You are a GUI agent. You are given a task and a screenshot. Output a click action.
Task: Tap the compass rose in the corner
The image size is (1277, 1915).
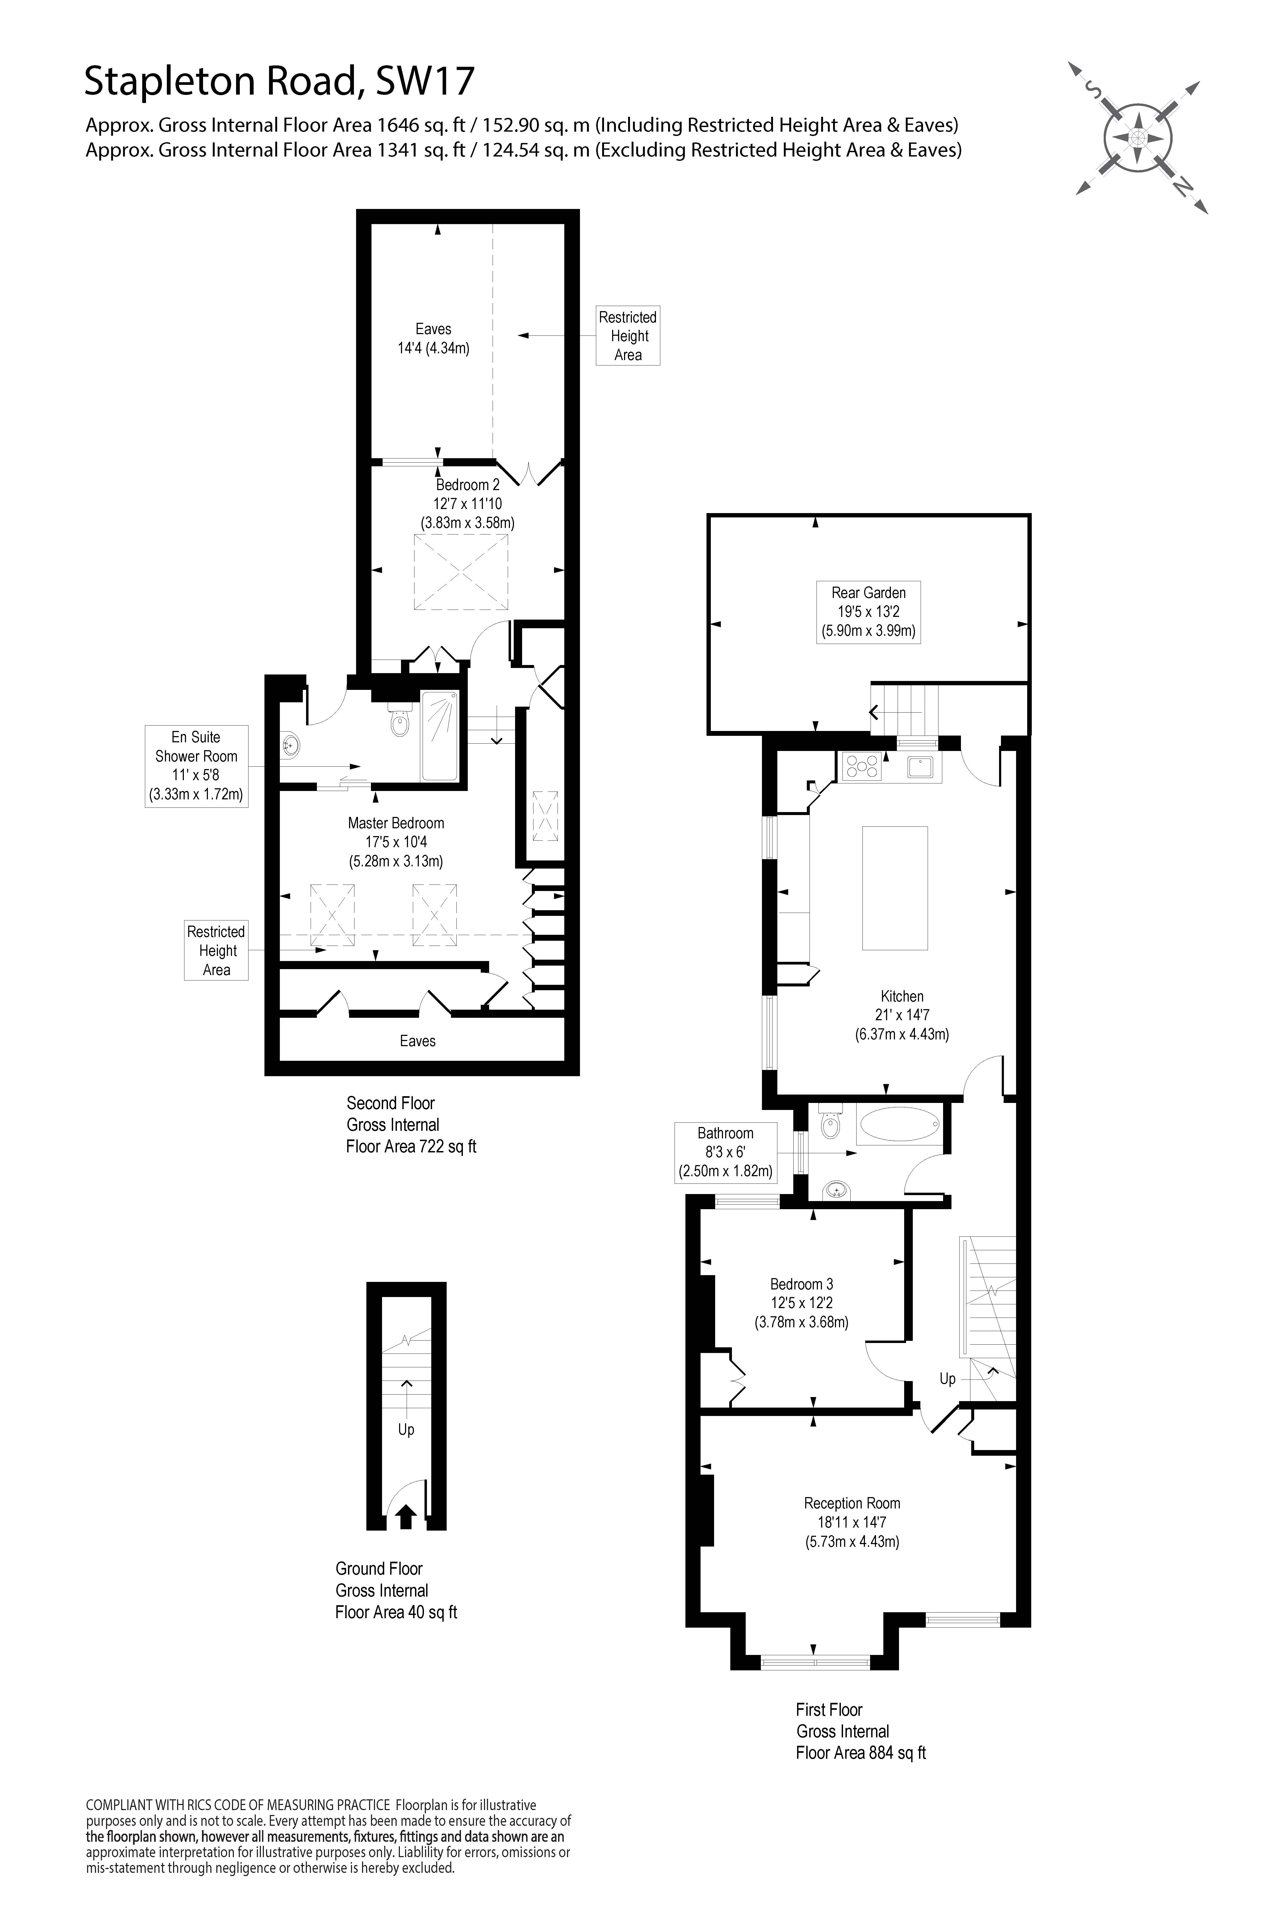coord(1138,137)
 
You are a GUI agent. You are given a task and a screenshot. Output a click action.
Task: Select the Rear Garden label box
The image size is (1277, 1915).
coord(868,611)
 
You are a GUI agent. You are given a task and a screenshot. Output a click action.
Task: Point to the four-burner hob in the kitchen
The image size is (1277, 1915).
coord(862,766)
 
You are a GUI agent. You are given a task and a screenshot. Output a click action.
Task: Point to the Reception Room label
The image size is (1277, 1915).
coord(852,1503)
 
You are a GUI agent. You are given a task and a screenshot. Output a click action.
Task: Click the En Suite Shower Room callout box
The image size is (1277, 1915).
coord(196,765)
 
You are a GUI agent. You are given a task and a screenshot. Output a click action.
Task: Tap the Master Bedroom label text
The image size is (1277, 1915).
coord(396,823)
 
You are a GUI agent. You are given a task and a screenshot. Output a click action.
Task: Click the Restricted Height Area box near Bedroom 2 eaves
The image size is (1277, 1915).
coord(627,335)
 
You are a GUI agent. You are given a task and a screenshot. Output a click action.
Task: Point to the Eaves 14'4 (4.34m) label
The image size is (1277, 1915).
coord(433,338)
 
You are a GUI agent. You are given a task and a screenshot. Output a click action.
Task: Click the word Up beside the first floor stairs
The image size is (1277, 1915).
coord(947,1378)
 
